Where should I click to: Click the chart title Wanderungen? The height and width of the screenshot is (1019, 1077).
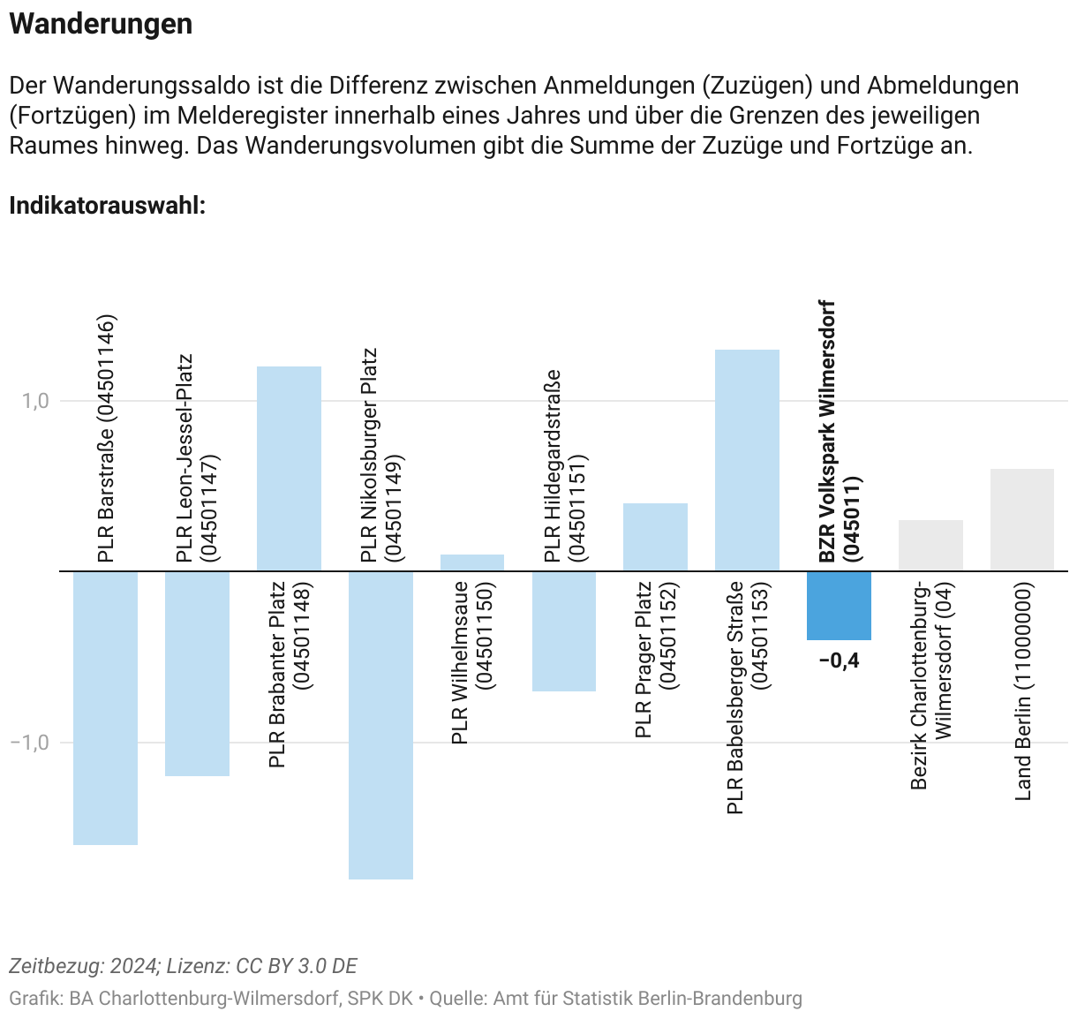pos(101,24)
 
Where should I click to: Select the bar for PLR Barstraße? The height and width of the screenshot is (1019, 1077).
pos(105,707)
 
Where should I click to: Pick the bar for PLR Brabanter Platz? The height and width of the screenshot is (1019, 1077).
pos(289,468)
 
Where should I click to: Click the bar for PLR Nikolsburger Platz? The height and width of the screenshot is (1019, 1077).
pos(380,724)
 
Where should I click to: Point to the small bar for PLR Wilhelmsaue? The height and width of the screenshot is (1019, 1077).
pos(472,562)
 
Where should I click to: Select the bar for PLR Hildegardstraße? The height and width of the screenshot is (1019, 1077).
pos(564,630)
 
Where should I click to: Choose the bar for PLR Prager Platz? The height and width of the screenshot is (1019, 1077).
pos(655,537)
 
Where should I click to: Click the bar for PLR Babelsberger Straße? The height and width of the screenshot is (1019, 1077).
pos(747,460)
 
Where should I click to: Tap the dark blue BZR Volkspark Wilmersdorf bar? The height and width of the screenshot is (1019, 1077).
pos(839,605)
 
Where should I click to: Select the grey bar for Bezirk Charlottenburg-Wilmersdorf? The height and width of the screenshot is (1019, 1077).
pos(930,545)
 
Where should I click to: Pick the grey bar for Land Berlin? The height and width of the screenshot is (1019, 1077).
pos(1022,519)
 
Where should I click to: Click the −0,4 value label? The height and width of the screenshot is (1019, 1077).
pos(839,660)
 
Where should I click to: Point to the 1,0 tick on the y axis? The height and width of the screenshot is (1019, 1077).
pos(35,401)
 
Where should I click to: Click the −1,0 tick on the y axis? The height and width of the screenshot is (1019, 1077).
pos(30,742)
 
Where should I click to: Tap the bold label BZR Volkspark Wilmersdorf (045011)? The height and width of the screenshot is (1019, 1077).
pos(839,433)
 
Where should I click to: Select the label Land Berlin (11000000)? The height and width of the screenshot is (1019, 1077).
pos(1023,691)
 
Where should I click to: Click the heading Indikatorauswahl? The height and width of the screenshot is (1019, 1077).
pos(107,206)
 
